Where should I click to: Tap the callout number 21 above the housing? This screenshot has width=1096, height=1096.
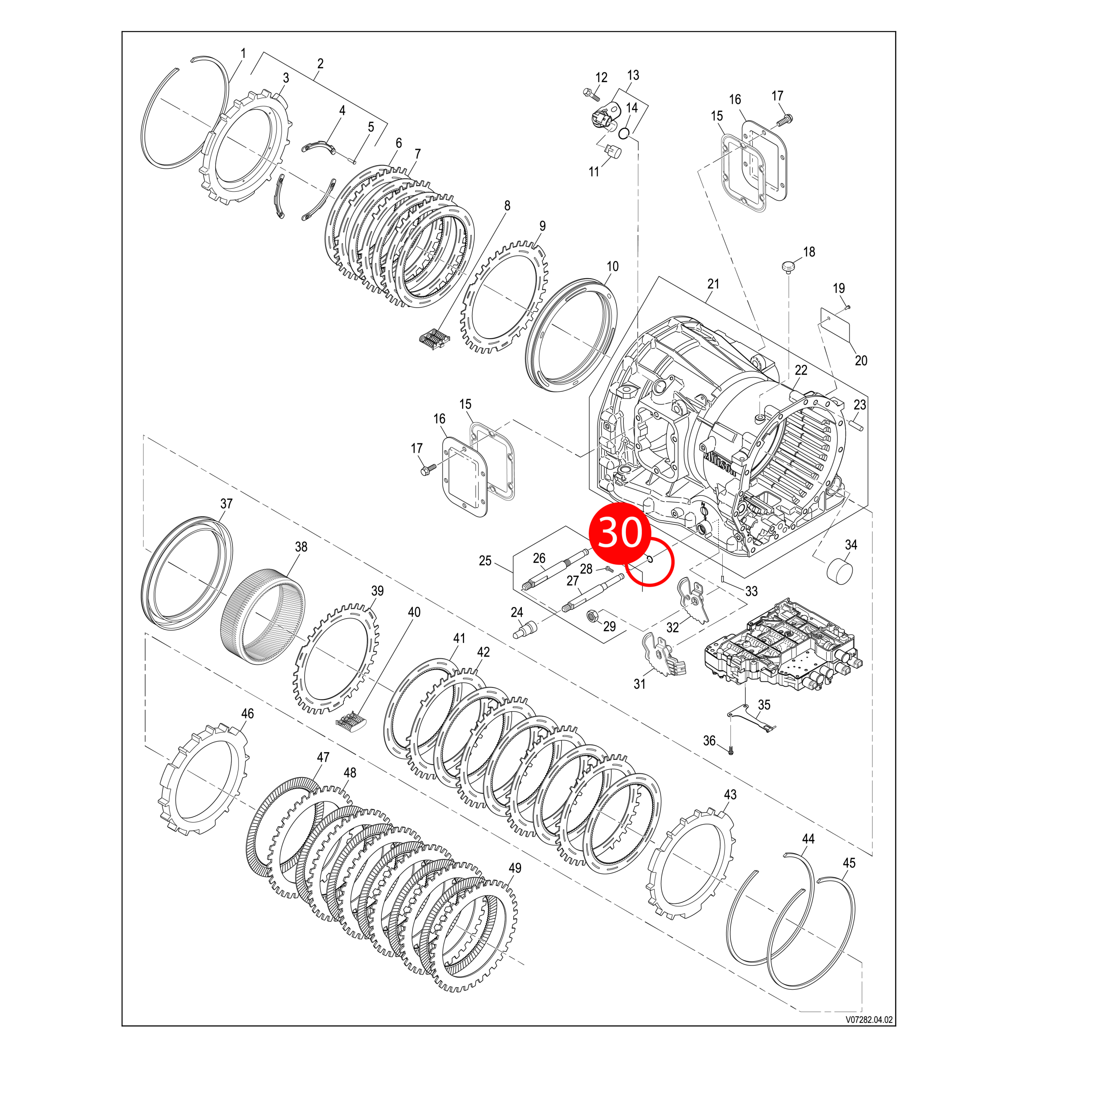point(713,284)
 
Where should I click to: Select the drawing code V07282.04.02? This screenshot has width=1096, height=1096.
point(869,1019)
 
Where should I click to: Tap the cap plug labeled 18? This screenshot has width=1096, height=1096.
point(789,265)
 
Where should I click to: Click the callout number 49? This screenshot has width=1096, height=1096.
point(515,868)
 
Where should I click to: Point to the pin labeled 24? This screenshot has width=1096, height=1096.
point(524,629)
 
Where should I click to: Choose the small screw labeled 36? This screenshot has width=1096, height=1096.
point(732,751)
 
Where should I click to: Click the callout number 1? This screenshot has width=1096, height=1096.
point(243,54)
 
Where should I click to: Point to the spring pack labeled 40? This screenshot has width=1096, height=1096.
point(352,721)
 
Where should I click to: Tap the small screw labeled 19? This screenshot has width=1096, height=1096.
point(848,307)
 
